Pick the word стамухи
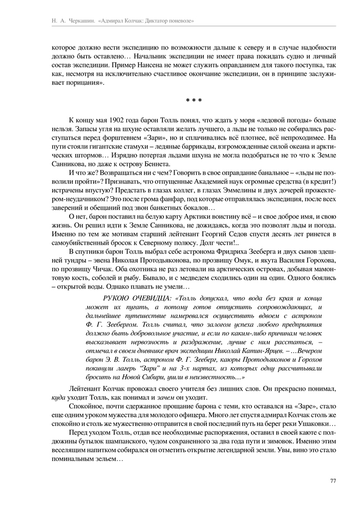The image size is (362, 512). click(133, 146)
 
